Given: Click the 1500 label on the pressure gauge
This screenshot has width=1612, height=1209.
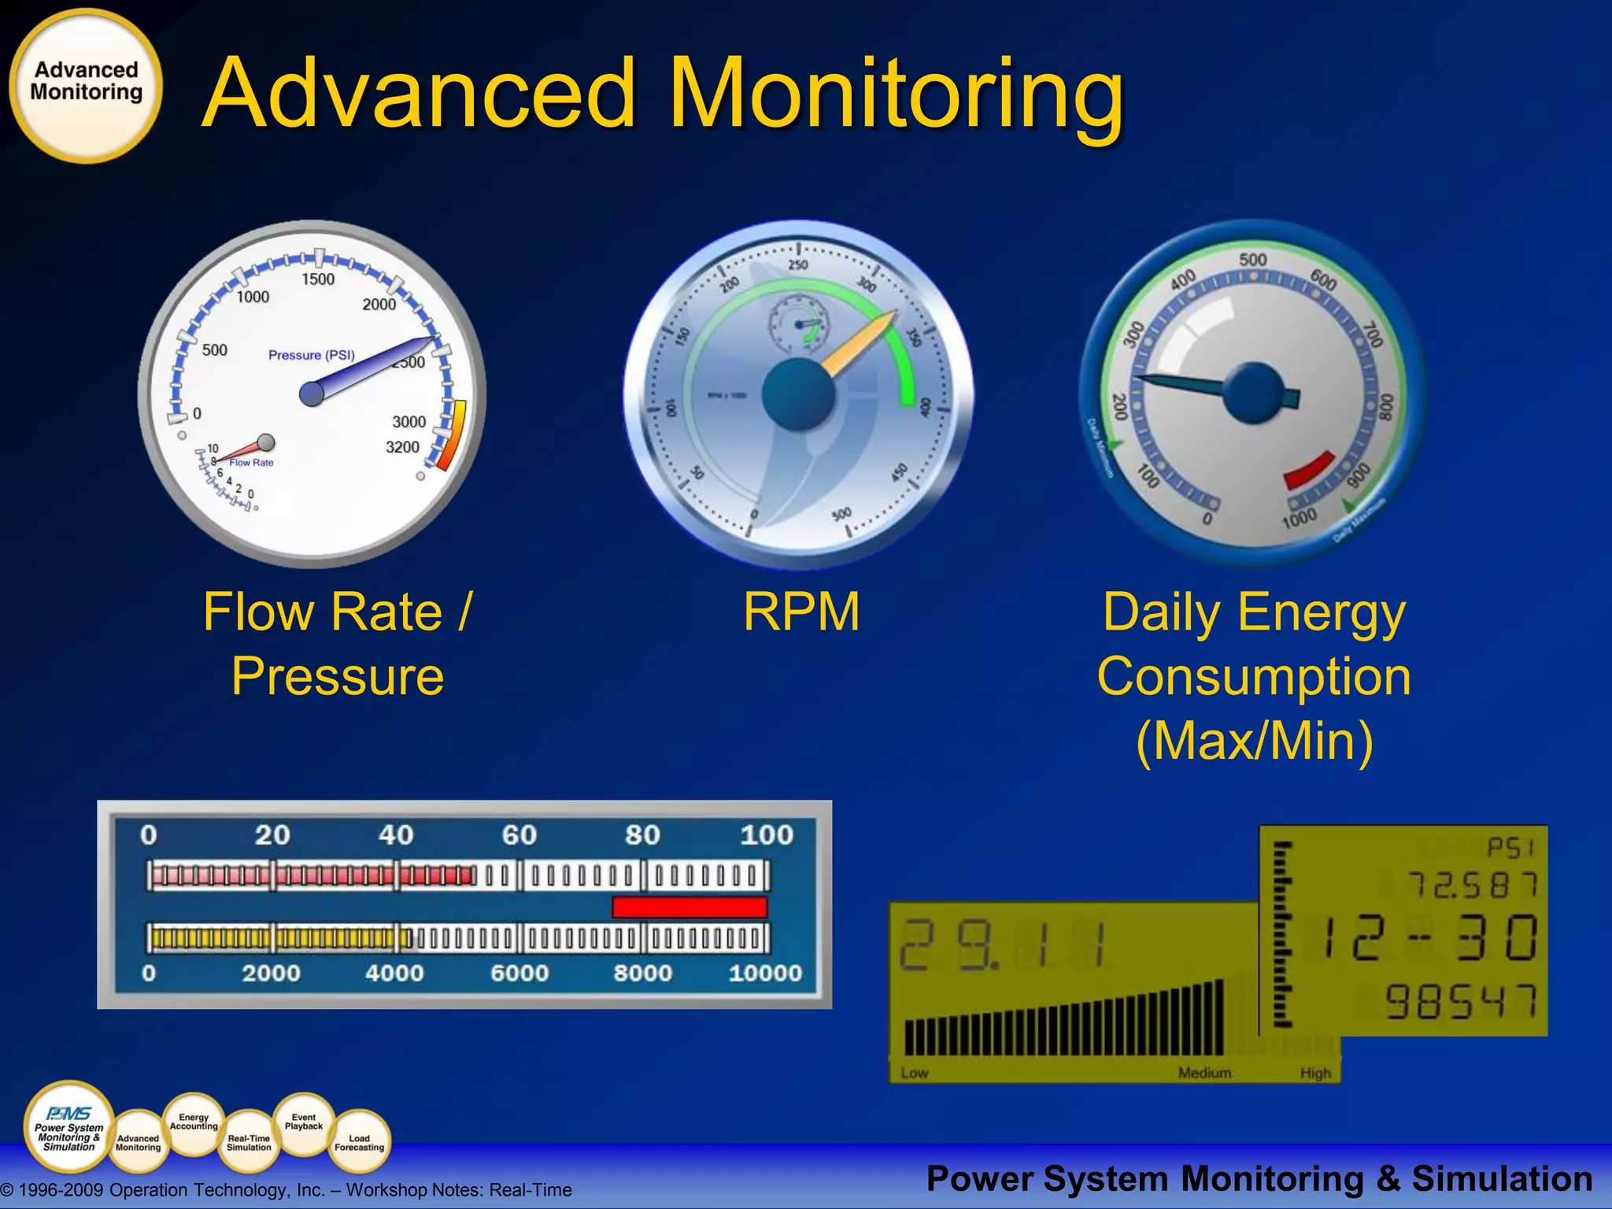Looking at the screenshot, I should (x=318, y=279).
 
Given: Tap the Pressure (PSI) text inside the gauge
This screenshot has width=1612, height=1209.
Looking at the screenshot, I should (x=312, y=355).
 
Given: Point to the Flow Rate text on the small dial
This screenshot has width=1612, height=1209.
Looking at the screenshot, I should (x=252, y=463).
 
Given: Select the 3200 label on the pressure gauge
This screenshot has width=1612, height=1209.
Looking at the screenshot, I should (x=402, y=447).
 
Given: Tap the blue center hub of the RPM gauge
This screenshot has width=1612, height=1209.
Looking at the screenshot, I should (x=798, y=394).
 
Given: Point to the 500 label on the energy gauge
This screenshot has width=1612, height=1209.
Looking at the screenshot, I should (x=1252, y=260).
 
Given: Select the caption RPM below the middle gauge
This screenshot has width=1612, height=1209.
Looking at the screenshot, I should (x=801, y=612).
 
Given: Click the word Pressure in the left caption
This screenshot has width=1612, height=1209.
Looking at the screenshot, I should (x=338, y=677).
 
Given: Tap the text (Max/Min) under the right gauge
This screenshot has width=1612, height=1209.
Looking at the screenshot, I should (x=1255, y=741).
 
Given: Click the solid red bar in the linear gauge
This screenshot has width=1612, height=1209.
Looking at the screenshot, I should (x=690, y=907).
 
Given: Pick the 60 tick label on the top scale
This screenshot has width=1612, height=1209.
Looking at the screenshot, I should (x=519, y=835).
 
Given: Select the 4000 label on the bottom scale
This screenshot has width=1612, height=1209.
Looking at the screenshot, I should (x=394, y=974).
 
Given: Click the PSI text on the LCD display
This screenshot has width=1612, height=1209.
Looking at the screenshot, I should (x=1510, y=848).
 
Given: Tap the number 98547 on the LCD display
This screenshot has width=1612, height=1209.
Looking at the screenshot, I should (x=1461, y=1002).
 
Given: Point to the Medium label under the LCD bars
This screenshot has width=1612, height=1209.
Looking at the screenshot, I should (x=1204, y=1073).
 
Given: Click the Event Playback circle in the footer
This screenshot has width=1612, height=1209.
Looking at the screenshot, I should (x=304, y=1122).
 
